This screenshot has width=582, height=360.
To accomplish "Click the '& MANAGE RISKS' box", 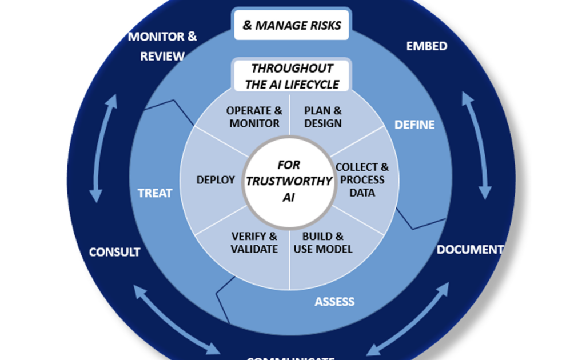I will (292, 25).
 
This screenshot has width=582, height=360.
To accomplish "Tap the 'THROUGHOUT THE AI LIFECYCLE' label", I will (292, 76).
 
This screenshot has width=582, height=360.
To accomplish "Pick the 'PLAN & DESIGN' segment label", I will (323, 117).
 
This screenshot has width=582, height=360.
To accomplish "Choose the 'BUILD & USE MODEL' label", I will (323, 243).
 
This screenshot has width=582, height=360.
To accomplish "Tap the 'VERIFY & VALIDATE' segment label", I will (254, 243).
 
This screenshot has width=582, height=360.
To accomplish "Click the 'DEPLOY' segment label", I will (216, 180).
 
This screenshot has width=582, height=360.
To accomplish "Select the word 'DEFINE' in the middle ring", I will (414, 125).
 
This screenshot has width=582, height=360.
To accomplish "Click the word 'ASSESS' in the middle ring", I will (334, 301).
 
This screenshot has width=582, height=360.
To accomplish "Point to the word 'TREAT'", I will (155, 193).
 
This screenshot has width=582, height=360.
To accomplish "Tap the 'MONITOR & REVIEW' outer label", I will (162, 46).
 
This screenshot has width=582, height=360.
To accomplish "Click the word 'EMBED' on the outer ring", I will (426, 46).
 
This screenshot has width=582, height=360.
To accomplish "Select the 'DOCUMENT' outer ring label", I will (470, 250).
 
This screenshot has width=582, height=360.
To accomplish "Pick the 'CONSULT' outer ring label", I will (114, 252).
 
